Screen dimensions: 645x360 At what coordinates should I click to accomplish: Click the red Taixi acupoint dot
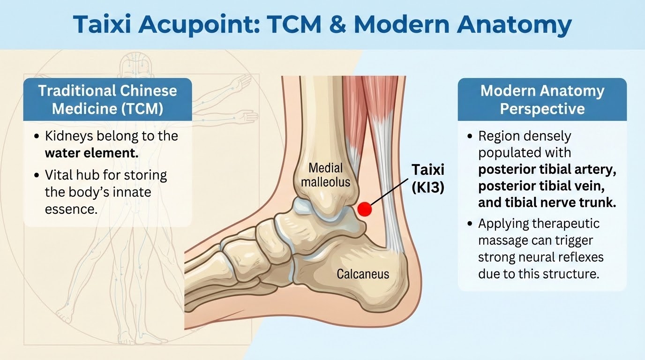[365, 209]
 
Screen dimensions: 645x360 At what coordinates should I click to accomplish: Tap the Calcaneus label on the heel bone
[363, 274]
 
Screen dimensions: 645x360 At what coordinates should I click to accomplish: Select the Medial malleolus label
[326, 175]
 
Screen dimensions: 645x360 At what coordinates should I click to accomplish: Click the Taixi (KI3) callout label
[428, 179]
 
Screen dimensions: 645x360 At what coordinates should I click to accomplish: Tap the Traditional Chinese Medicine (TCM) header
[107, 100]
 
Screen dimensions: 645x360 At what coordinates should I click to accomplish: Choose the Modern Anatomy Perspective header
[542, 100]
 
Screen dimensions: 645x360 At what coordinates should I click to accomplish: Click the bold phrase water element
[91, 153]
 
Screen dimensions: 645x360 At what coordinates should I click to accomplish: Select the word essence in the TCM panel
[71, 210]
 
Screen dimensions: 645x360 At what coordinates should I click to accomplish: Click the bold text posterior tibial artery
[547, 170]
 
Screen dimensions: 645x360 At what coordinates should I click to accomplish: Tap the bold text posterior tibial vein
[541, 187]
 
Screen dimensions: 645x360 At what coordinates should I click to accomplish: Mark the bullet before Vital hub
[36, 175]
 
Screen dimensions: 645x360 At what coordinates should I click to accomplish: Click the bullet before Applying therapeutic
[470, 224]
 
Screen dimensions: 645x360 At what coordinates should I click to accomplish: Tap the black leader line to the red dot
[389, 192]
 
